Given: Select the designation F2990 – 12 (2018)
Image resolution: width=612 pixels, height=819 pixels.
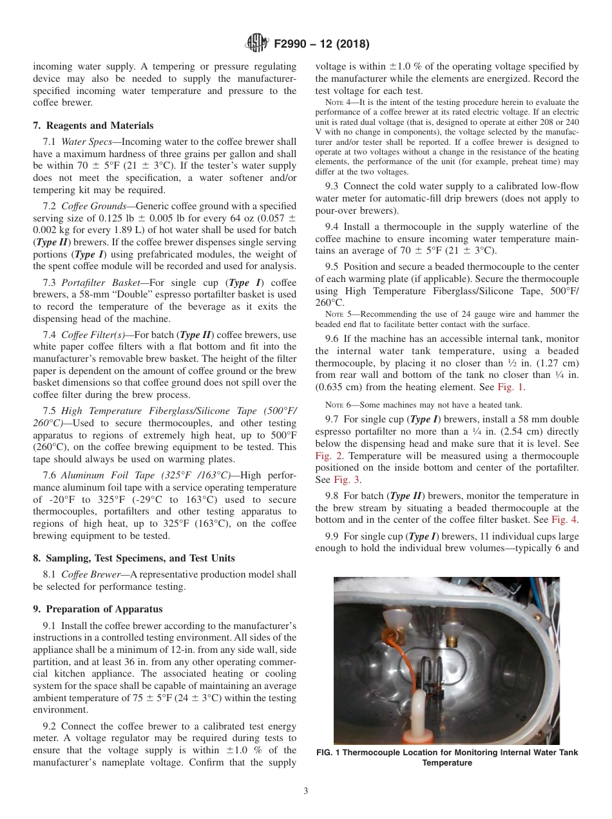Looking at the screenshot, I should (316, 44).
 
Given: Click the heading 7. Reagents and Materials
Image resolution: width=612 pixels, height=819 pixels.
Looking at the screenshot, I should (93, 126).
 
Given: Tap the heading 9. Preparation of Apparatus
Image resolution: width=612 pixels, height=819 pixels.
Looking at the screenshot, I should (98, 609).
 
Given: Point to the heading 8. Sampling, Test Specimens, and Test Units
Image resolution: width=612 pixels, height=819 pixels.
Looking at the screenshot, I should (133, 558).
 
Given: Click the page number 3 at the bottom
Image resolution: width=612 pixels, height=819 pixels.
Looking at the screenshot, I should (306, 791).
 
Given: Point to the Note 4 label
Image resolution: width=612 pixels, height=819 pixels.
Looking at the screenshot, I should (337, 102).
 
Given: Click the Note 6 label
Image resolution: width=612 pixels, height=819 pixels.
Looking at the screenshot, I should (337, 404).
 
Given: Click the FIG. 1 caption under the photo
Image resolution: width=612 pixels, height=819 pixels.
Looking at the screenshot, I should (446, 757).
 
